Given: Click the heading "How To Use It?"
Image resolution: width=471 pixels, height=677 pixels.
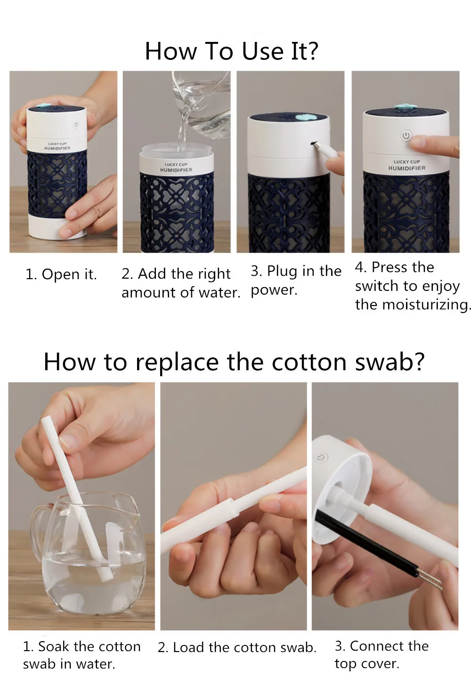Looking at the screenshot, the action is pos(232,51).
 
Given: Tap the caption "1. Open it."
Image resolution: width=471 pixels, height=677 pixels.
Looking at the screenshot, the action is pos(61,274).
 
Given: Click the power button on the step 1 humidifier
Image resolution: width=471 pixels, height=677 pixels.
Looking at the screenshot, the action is pos(76,124).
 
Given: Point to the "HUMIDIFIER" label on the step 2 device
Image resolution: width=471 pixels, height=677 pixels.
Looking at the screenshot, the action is pos(176,170).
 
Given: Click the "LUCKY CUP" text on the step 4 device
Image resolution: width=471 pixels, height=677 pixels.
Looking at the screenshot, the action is pos(406,162).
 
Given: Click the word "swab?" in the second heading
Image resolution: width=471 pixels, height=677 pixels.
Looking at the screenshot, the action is pos(390,362).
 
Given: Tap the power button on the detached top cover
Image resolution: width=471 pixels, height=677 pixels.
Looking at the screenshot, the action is pos(321,457).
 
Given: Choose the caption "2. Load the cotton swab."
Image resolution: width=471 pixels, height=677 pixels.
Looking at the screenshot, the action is pos(237,648).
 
